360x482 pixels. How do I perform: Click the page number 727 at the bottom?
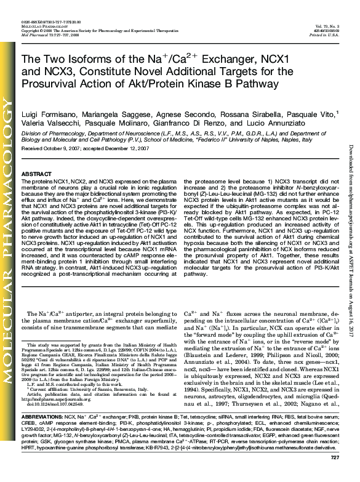coord(335,475)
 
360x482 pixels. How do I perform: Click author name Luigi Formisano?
coord(48,114)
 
